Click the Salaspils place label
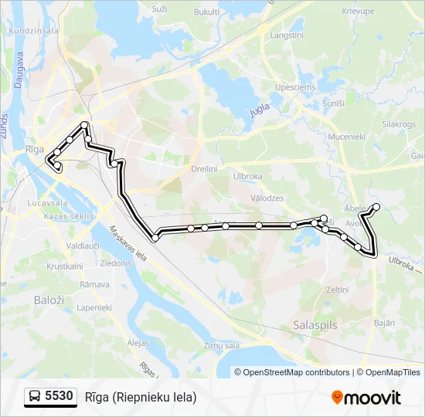[x=315, y=326]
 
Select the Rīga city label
[x=34, y=147]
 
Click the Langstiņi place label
[x=286, y=36]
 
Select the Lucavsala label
[x=46, y=202]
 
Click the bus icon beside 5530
[x=35, y=397]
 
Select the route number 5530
[x=59, y=397]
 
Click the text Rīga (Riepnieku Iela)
[x=141, y=397]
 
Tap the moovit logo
[x=365, y=398]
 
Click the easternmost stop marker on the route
[x=376, y=206]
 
